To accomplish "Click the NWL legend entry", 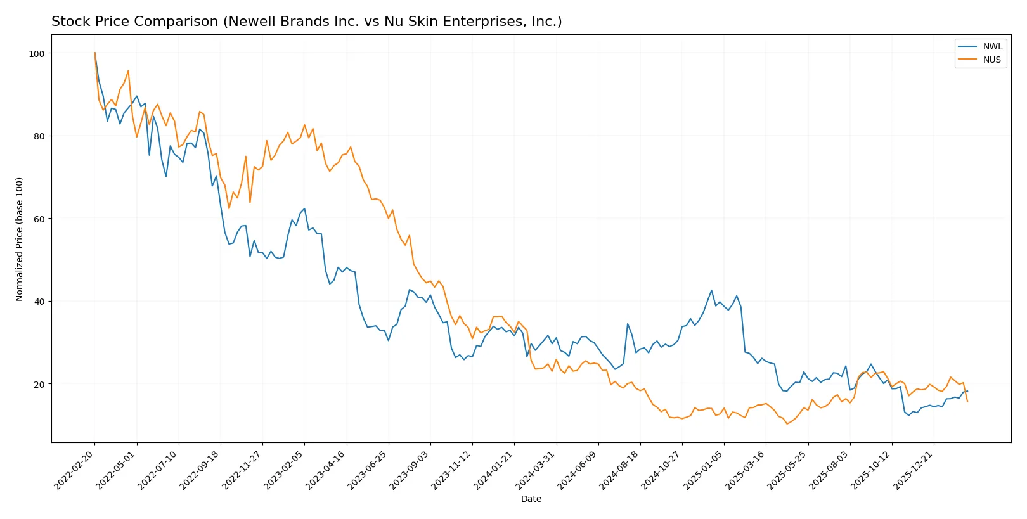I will (x=992, y=47).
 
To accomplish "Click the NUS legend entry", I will (x=992, y=60).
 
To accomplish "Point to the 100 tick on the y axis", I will (x=37, y=54).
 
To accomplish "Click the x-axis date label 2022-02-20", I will (x=75, y=470).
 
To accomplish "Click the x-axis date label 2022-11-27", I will (x=243, y=470).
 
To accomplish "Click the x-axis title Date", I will (x=531, y=499).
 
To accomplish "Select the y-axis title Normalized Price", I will (x=20, y=239).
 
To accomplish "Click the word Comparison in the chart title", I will (x=176, y=22).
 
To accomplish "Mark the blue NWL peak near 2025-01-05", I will (x=711, y=290).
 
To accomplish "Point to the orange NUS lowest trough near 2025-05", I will (x=787, y=423).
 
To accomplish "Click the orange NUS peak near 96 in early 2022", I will (x=128, y=71).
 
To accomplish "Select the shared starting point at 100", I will (x=94, y=53).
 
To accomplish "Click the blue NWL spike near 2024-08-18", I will (x=628, y=324).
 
